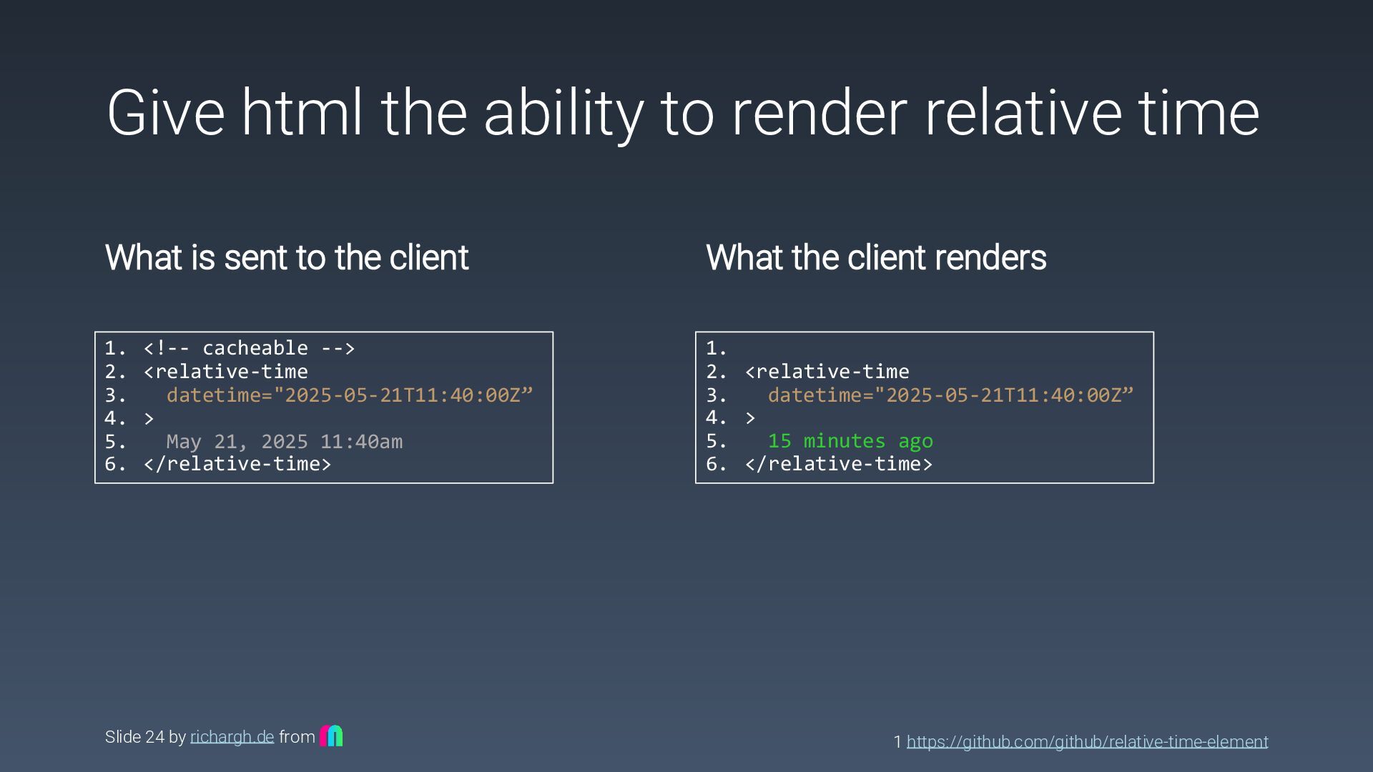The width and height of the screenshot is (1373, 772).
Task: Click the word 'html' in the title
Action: pos(301,113)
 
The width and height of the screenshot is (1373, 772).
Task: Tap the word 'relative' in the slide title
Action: pos(1022,113)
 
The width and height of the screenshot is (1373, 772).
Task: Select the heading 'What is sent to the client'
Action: pos(287,257)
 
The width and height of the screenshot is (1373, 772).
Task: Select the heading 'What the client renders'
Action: pos(876,257)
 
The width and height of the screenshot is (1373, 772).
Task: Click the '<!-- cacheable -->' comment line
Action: pos(249,348)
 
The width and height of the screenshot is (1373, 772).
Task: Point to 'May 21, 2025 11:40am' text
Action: pos(284,442)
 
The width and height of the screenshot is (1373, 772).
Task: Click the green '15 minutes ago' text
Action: pos(850,441)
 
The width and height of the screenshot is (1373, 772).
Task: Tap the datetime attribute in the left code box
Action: pos(350,395)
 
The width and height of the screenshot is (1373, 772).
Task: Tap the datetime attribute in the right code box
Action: pos(950,395)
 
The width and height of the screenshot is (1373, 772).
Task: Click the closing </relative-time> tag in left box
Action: pos(237,464)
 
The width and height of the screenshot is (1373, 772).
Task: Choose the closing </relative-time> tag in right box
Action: pos(839,464)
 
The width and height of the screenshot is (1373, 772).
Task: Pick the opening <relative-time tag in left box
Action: pos(226,372)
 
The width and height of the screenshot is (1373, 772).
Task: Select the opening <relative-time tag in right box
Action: pos(827,372)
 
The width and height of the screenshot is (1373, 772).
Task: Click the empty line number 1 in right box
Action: pos(716,348)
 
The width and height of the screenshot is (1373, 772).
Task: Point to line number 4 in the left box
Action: pos(114,418)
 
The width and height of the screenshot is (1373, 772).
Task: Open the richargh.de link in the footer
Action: pos(232,737)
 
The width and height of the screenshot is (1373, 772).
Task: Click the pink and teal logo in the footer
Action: pos(331,736)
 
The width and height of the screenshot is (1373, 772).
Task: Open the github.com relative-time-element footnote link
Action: pos(1087,742)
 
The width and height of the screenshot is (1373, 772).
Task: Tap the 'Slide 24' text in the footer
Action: pos(134,737)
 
